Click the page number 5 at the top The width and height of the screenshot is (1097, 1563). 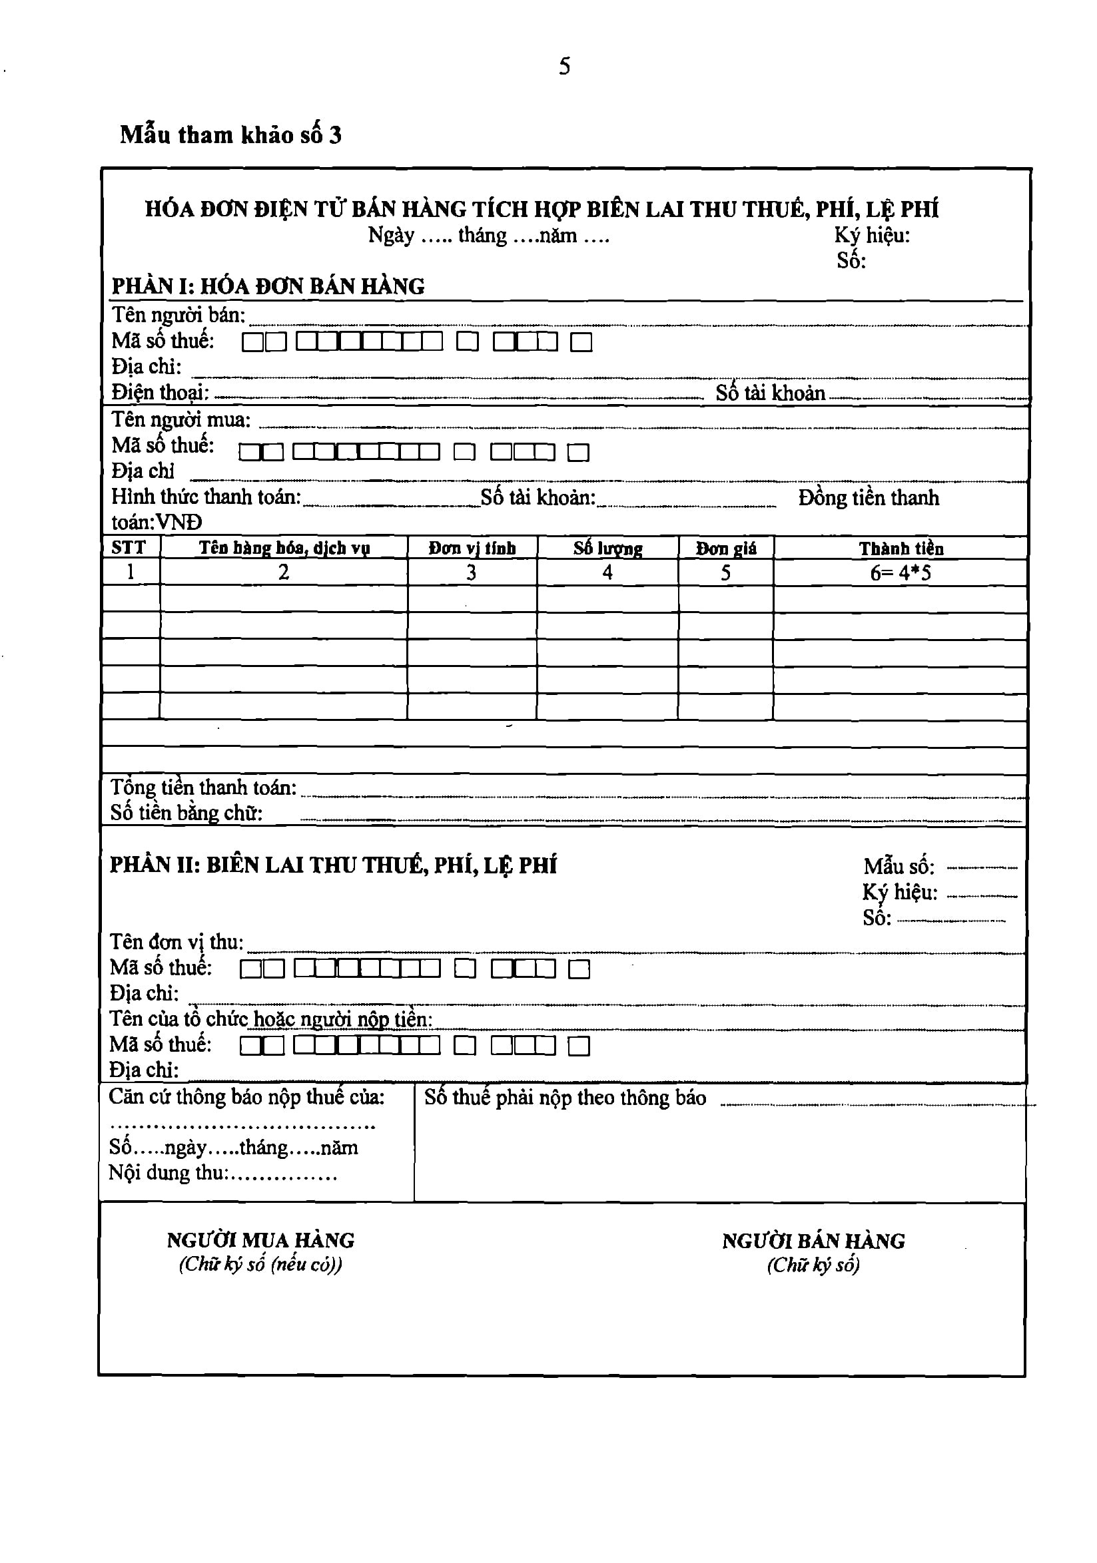click(x=565, y=66)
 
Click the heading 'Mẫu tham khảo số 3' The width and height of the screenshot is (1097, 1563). click(x=231, y=134)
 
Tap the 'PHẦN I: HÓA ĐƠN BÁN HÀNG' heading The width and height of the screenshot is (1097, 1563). click(x=268, y=286)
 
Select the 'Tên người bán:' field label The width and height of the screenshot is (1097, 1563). click(x=179, y=315)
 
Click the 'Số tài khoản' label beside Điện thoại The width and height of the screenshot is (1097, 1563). click(x=770, y=393)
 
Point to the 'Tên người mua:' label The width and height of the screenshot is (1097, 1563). click(x=181, y=419)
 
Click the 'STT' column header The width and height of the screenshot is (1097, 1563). click(x=129, y=548)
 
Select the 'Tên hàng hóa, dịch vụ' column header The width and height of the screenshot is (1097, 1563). click(x=284, y=548)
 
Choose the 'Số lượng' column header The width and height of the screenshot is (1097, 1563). click(x=607, y=549)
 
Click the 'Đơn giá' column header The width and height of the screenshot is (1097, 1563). click(x=726, y=549)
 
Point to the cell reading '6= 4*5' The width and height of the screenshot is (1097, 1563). click(x=901, y=573)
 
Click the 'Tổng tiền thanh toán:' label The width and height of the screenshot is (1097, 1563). click(x=204, y=787)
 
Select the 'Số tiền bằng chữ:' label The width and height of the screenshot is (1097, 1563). click(x=186, y=813)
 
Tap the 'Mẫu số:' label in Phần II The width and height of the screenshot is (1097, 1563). click(x=899, y=867)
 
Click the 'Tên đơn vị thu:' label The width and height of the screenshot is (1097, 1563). click(x=177, y=942)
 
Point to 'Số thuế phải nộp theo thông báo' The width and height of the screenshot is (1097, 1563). click(x=565, y=1098)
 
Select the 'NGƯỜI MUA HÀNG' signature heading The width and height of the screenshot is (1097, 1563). click(x=261, y=1240)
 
